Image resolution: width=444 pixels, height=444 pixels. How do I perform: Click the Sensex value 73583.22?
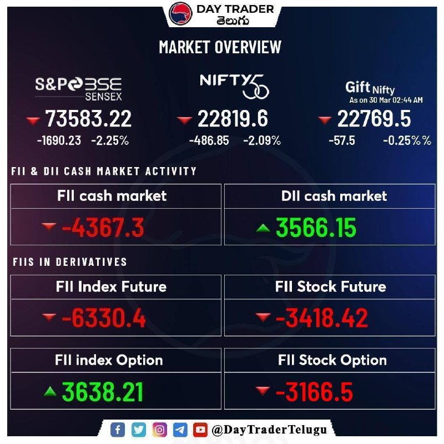[x=88, y=119]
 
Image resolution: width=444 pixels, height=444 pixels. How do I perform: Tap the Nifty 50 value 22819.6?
[x=233, y=119]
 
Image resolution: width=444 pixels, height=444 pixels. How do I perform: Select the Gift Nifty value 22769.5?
[x=374, y=119]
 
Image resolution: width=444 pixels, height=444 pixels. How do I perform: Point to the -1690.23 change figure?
[x=59, y=141]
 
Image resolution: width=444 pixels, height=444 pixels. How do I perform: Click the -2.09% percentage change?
[x=262, y=141]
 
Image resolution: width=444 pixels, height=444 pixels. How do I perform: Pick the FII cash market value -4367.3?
[x=103, y=228]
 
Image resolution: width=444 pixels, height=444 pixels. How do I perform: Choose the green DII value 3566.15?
[x=316, y=228]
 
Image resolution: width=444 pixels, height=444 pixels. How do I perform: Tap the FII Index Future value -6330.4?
[x=104, y=319]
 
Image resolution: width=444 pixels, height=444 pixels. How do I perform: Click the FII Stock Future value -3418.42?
[x=321, y=319]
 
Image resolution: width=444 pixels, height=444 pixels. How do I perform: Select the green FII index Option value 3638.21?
[x=103, y=392]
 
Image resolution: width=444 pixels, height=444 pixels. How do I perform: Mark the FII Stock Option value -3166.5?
[x=314, y=392]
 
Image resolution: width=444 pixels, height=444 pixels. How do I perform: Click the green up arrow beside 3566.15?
[x=263, y=226]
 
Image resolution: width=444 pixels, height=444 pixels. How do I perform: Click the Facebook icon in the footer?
[x=118, y=430]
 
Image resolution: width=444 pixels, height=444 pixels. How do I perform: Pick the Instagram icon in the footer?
[x=159, y=430]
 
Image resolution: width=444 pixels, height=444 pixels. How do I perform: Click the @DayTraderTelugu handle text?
[x=269, y=430]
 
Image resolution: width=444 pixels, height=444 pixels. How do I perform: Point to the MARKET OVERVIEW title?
[x=220, y=47]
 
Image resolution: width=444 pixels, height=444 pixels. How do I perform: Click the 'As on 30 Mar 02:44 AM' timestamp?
[x=386, y=100]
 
